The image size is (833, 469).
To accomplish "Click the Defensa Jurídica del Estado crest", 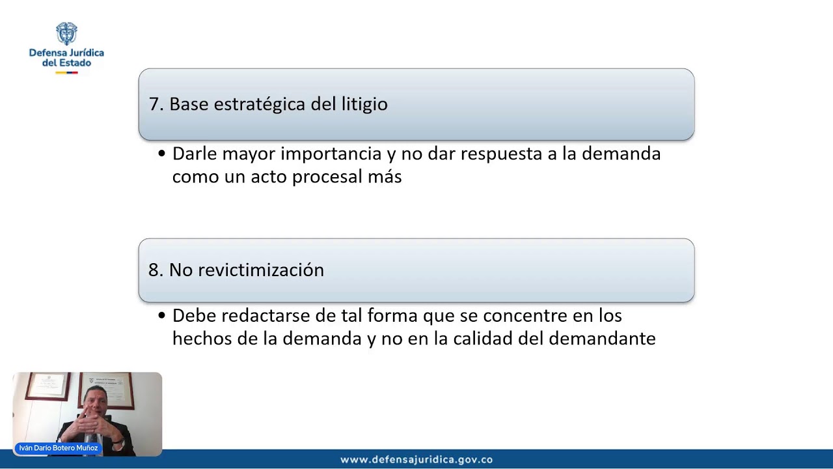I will coord(66,33).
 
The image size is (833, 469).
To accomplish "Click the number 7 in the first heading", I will coord(154,104).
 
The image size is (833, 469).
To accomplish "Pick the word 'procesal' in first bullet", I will coord(327,177).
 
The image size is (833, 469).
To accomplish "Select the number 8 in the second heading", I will coord(154,270).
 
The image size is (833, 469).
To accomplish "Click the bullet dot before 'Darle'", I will coord(162,154).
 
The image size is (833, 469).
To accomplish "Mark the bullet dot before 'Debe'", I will coord(162,317).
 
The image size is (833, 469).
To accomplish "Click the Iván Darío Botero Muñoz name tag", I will coord(59,448).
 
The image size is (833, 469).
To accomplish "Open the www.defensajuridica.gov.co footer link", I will coord(416,460).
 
